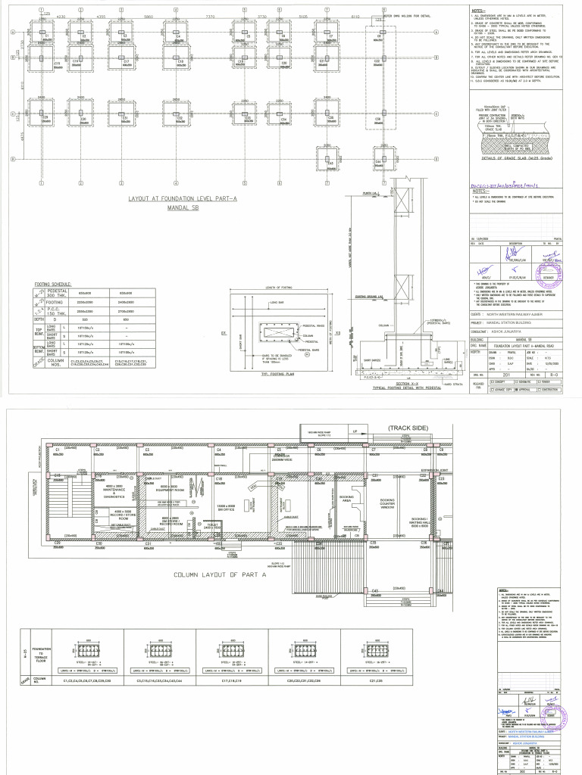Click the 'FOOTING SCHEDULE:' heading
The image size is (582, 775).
(x=52, y=285)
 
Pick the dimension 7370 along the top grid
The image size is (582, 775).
(x=210, y=15)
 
